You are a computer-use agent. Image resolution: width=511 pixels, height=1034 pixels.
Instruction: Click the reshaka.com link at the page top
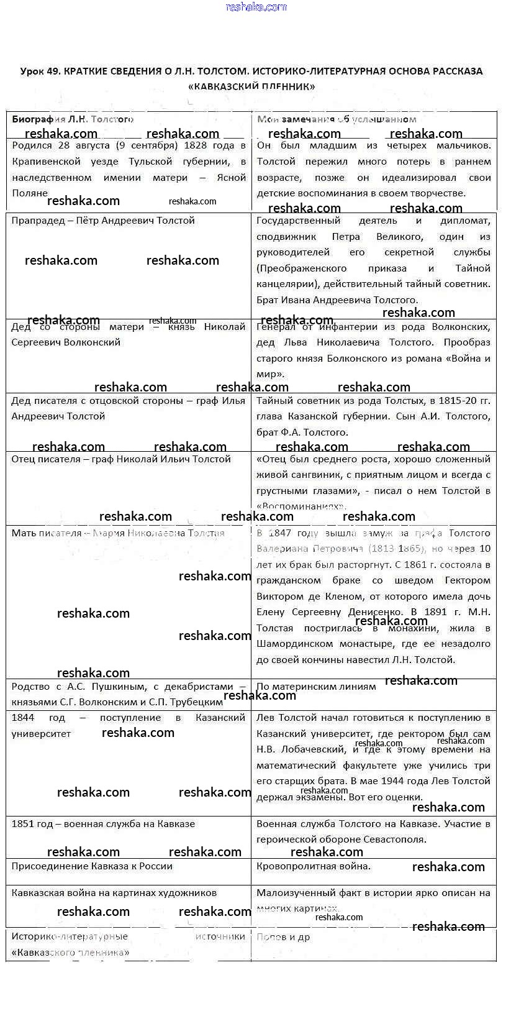(256, 7)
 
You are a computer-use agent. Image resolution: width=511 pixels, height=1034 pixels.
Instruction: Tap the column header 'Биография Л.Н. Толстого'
(73, 119)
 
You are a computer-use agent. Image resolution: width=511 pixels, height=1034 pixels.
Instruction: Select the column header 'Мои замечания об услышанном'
(337, 119)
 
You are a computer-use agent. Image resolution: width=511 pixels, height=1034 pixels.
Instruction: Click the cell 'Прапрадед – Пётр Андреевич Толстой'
(103, 221)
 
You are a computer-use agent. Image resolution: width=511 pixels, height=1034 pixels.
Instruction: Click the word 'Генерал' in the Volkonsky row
(276, 327)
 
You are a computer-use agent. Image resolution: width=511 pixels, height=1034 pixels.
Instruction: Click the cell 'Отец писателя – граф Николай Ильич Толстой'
(121, 459)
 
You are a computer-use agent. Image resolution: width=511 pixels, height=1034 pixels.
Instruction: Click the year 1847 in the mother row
(297, 533)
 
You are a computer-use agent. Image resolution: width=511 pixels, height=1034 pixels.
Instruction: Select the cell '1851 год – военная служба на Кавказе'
(103, 824)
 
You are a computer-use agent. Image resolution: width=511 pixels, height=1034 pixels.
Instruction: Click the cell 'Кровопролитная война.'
(314, 866)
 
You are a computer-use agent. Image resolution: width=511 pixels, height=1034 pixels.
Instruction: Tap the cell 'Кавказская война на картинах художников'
(114, 893)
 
